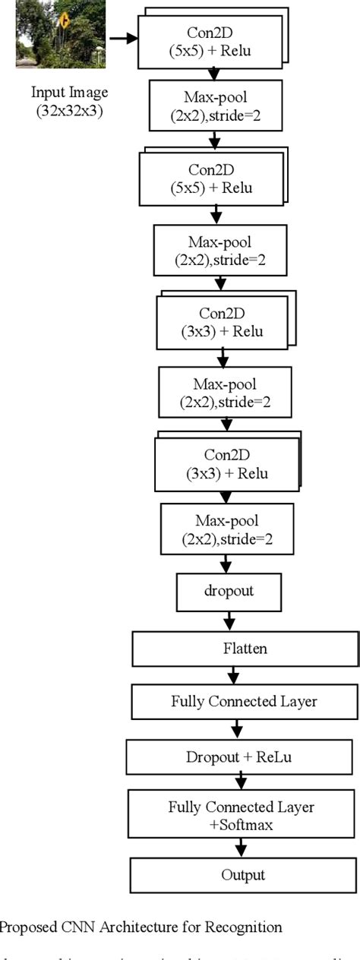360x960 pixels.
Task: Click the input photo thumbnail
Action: pyautogui.click(x=49, y=34)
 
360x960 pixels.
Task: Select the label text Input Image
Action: pyautogui.click(x=69, y=93)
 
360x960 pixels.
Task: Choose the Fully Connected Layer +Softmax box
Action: pyautogui.click(x=242, y=813)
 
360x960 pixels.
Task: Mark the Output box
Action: pyautogui.click(x=243, y=875)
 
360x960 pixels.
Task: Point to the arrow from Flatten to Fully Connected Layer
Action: pyautogui.click(x=234, y=674)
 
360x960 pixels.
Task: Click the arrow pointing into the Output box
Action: pyautogui.click(x=242, y=848)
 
